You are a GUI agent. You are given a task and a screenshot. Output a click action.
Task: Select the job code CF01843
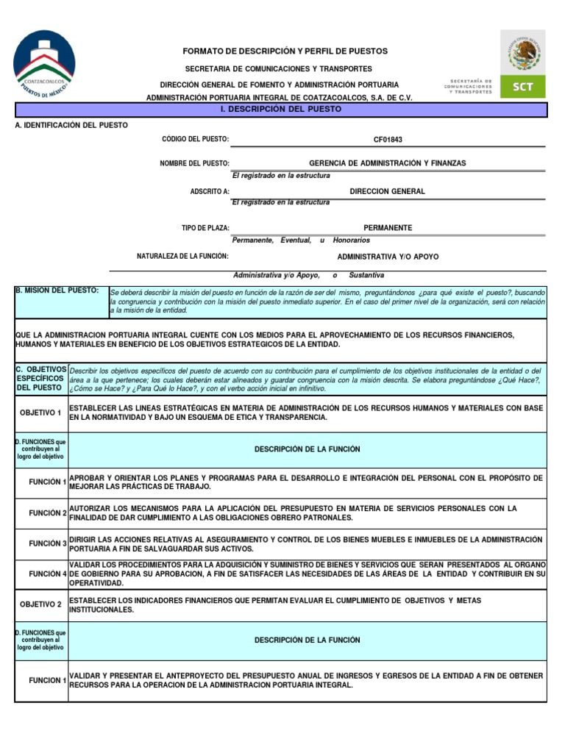click(x=388, y=140)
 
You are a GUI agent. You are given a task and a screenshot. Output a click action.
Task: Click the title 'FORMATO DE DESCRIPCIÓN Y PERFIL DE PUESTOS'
click(x=285, y=51)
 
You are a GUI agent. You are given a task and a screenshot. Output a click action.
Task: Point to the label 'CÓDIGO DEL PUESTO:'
click(x=195, y=140)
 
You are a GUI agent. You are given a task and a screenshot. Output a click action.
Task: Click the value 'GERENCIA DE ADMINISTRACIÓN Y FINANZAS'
click(x=388, y=163)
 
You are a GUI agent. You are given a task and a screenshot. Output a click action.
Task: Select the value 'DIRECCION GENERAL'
click(x=388, y=191)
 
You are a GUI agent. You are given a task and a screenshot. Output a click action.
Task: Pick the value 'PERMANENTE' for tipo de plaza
click(x=388, y=228)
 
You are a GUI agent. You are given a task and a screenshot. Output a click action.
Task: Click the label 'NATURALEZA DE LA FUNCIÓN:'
click(x=182, y=257)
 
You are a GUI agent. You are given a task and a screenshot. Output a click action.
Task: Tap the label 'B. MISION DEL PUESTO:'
click(x=57, y=291)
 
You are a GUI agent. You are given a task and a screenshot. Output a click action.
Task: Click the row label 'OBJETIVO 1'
click(x=40, y=413)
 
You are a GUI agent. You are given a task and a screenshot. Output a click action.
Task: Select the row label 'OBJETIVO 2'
click(x=40, y=604)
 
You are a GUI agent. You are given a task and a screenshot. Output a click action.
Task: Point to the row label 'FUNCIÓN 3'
click(x=48, y=543)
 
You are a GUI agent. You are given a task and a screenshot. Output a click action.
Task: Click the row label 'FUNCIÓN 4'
click(x=48, y=574)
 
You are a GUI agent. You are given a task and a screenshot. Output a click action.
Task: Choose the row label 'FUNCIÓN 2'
click(x=48, y=513)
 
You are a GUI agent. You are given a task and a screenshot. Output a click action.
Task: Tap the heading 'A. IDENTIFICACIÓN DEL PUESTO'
click(x=71, y=125)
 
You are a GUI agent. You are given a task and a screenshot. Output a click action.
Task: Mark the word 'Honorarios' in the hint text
click(x=352, y=240)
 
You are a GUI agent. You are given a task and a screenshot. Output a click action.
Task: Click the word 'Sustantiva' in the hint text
click(x=366, y=275)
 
